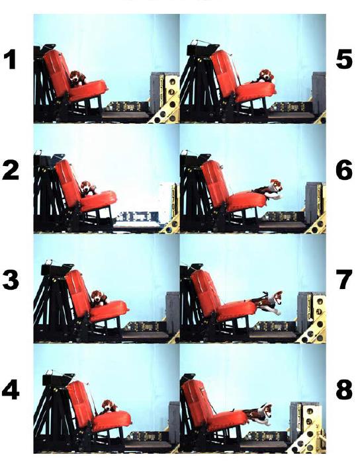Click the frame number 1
(x=11, y=60)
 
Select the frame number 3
(x=11, y=280)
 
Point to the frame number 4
(x=11, y=390)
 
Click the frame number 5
(x=344, y=60)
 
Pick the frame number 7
(x=344, y=280)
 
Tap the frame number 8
(x=344, y=390)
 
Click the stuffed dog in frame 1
(x=77, y=78)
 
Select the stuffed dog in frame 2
(x=88, y=189)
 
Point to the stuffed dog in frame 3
(x=99, y=298)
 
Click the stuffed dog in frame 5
(x=265, y=76)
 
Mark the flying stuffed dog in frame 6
(x=269, y=189)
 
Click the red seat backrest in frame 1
(x=57, y=74)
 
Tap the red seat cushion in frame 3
(x=109, y=311)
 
